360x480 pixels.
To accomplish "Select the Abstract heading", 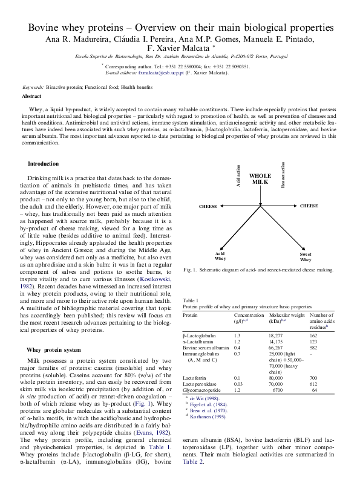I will pyautogui.click(x=31, y=97).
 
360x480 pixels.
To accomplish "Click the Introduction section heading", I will pyautogui.click(x=44, y=164).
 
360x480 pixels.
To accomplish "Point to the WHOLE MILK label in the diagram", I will pyautogui.click(x=260, y=178).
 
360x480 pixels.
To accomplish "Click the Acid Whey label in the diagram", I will pyautogui.click(x=220, y=256).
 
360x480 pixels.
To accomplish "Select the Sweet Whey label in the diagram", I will pyautogui.click(x=306, y=256).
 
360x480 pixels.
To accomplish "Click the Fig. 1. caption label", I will pyautogui.click(x=191, y=270).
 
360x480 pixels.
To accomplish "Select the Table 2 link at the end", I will pyautogui.click(x=193, y=461).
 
